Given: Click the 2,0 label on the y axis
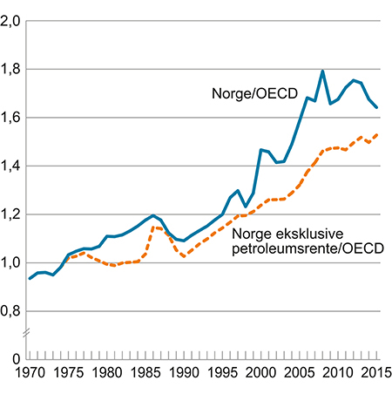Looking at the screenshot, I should pos(11,21).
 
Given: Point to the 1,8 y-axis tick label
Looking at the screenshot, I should pos(11,69).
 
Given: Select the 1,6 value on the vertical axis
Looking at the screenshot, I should pos(11,118).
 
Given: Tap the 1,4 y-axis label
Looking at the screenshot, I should pos(11,166).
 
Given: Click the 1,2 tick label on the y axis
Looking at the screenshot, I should pos(11,214).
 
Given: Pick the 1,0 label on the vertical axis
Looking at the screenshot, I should pos(11,262).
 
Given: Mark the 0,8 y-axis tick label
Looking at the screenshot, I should pos(11,311).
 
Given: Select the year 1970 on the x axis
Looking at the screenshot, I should pos(30,374).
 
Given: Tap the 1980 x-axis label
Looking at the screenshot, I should pos(107,374).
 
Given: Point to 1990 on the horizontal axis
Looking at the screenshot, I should pos(184,374).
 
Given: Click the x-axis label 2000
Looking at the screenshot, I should pos(260,374).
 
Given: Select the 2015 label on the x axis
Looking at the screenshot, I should pos(373,374).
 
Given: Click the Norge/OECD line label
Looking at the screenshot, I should pos(252,92).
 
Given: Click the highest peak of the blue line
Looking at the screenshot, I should pos(322,71).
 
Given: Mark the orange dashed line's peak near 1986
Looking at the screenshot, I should pos(153,228).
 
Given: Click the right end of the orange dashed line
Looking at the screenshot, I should pos(376,134).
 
